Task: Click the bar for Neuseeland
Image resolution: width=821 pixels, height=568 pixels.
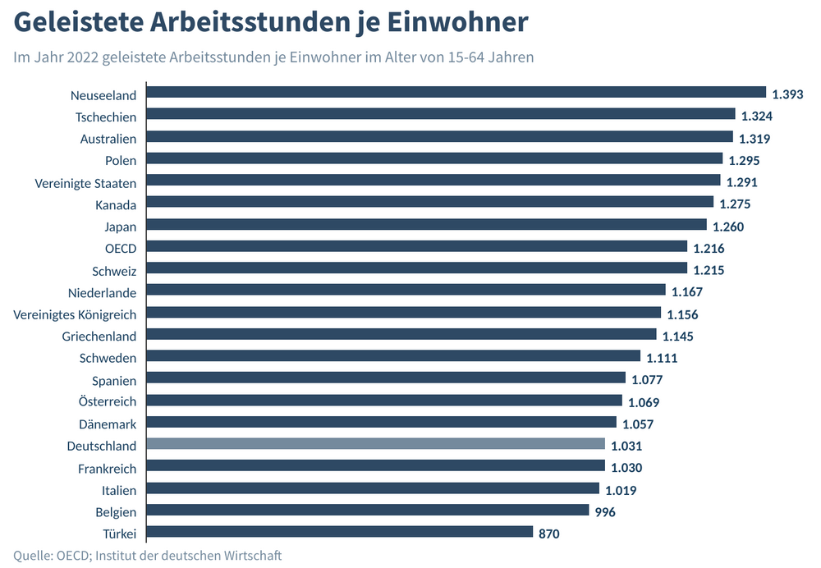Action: point(456,93)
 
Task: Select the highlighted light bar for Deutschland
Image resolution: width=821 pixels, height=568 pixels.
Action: point(376,444)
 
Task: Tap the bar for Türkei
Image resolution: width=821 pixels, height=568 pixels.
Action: point(340,532)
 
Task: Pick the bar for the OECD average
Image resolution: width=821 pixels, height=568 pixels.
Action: point(417,246)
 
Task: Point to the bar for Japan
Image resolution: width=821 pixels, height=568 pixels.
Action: point(427,224)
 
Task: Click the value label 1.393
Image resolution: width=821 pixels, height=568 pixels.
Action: point(787,94)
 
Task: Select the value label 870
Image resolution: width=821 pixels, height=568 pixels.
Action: point(549,534)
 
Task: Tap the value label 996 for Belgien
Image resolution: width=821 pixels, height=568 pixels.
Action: point(604,511)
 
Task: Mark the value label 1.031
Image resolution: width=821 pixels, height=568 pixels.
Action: point(626,446)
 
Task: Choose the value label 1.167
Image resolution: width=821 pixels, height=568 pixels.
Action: point(687,291)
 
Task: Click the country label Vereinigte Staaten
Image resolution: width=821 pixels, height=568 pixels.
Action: point(85,182)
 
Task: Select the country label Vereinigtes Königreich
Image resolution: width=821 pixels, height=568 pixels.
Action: point(75,314)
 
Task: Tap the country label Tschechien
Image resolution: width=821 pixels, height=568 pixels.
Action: point(106,117)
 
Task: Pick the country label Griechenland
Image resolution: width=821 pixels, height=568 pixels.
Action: point(99,336)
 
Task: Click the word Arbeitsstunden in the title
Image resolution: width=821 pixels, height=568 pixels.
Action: point(236,22)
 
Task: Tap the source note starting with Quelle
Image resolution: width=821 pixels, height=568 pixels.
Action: point(147,556)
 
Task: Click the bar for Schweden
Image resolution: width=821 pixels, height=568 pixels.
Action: point(393,356)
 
